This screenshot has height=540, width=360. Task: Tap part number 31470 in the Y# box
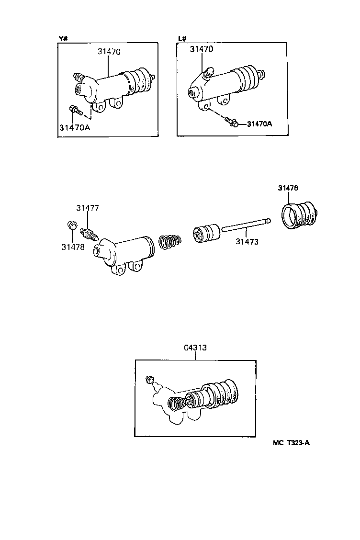click(109, 52)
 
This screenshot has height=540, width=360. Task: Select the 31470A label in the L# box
click(259, 124)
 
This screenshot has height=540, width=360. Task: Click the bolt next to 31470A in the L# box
click(233, 123)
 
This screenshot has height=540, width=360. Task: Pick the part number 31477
click(88, 208)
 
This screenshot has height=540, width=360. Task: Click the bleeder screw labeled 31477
click(90, 234)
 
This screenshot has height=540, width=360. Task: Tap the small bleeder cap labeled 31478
click(71, 225)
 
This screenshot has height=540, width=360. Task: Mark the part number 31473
click(247, 242)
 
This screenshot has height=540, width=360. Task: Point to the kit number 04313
click(195, 348)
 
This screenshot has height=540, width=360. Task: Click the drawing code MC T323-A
click(291, 442)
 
